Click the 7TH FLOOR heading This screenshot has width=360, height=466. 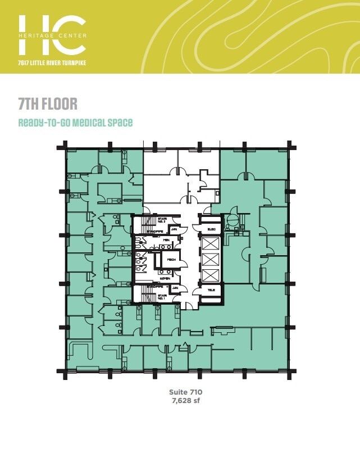tap(47, 104)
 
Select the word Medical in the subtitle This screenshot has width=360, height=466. tap(88, 122)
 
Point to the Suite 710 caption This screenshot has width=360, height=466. tap(185, 392)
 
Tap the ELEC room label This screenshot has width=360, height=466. tap(212, 229)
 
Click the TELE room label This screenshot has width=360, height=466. tap(212, 291)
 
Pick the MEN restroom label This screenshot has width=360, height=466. tap(166, 239)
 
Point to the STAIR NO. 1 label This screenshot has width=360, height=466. tap(162, 295)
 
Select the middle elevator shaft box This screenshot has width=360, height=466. tap(212, 260)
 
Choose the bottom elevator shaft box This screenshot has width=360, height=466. tap(212, 275)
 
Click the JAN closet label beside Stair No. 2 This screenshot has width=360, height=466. tap(175, 229)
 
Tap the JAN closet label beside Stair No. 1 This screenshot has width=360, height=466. tap(175, 288)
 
